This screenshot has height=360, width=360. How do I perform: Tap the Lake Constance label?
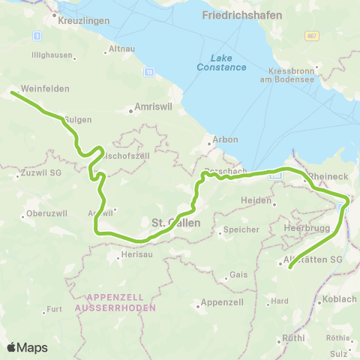(x=226, y=62)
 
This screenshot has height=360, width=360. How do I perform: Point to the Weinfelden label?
(x=45, y=88)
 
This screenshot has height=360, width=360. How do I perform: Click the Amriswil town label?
(x=154, y=107)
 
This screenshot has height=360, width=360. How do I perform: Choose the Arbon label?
(x=226, y=139)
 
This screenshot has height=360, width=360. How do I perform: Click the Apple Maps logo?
(x=26, y=347)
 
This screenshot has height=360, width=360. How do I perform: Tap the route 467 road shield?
(x=311, y=36)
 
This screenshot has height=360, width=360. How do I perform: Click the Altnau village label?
(x=121, y=48)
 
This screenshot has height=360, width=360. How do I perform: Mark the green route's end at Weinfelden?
(x=12, y=93)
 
